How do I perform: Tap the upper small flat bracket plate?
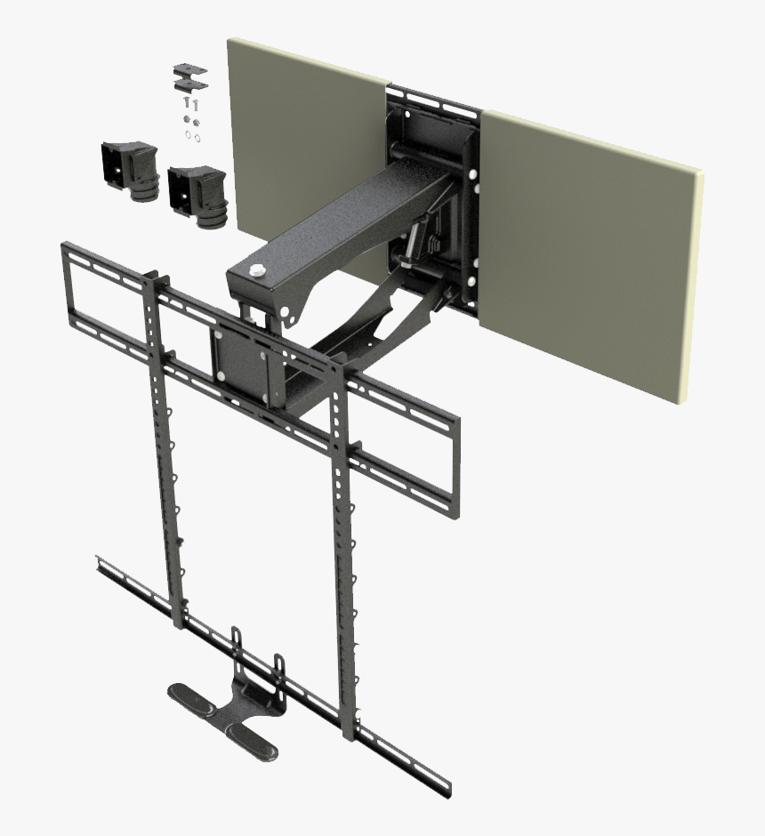(189, 68)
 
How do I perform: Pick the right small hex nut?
(197, 121)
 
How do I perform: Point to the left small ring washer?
(187, 135)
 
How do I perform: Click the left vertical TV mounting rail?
(165, 445)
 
